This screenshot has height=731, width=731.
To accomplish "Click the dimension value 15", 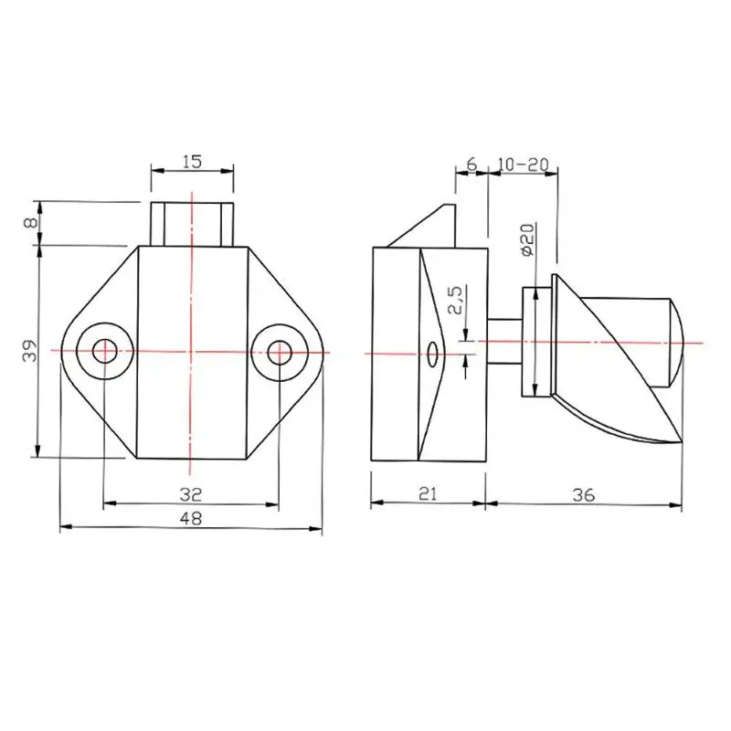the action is [x=192, y=162].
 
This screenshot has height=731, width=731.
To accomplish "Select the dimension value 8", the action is [x=31, y=222].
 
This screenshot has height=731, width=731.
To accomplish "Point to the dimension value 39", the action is [x=30, y=350].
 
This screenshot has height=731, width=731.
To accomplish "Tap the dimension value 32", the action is [x=191, y=494].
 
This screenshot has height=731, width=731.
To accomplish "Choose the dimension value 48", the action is [x=191, y=518].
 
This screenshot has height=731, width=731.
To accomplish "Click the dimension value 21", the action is [x=428, y=493].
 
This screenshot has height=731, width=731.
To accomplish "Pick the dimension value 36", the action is [x=583, y=494].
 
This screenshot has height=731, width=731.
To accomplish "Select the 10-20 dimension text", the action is [x=523, y=164].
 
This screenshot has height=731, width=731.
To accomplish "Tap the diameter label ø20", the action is [x=527, y=239].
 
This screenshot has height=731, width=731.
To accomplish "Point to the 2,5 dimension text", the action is [x=455, y=300].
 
